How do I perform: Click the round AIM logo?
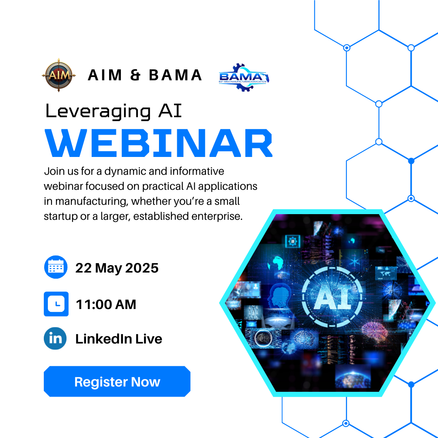pyautogui.click(x=59, y=75)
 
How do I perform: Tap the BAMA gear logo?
pyautogui.click(x=244, y=77)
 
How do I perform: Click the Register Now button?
pyautogui.click(x=117, y=381)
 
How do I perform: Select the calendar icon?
pyautogui.click(x=56, y=267)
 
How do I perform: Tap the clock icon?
pyautogui.click(x=56, y=304)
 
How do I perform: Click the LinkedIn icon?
pyautogui.click(x=55, y=338)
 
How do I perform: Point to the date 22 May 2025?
pyautogui.click(x=117, y=268)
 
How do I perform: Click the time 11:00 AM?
pyautogui.click(x=106, y=304)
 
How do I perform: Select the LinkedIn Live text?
pyautogui.click(x=119, y=339)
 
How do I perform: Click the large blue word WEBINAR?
pyautogui.click(x=159, y=143)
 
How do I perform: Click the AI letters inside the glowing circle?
pyautogui.click(x=333, y=296)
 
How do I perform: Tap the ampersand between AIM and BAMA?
pyautogui.click(x=135, y=75)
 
